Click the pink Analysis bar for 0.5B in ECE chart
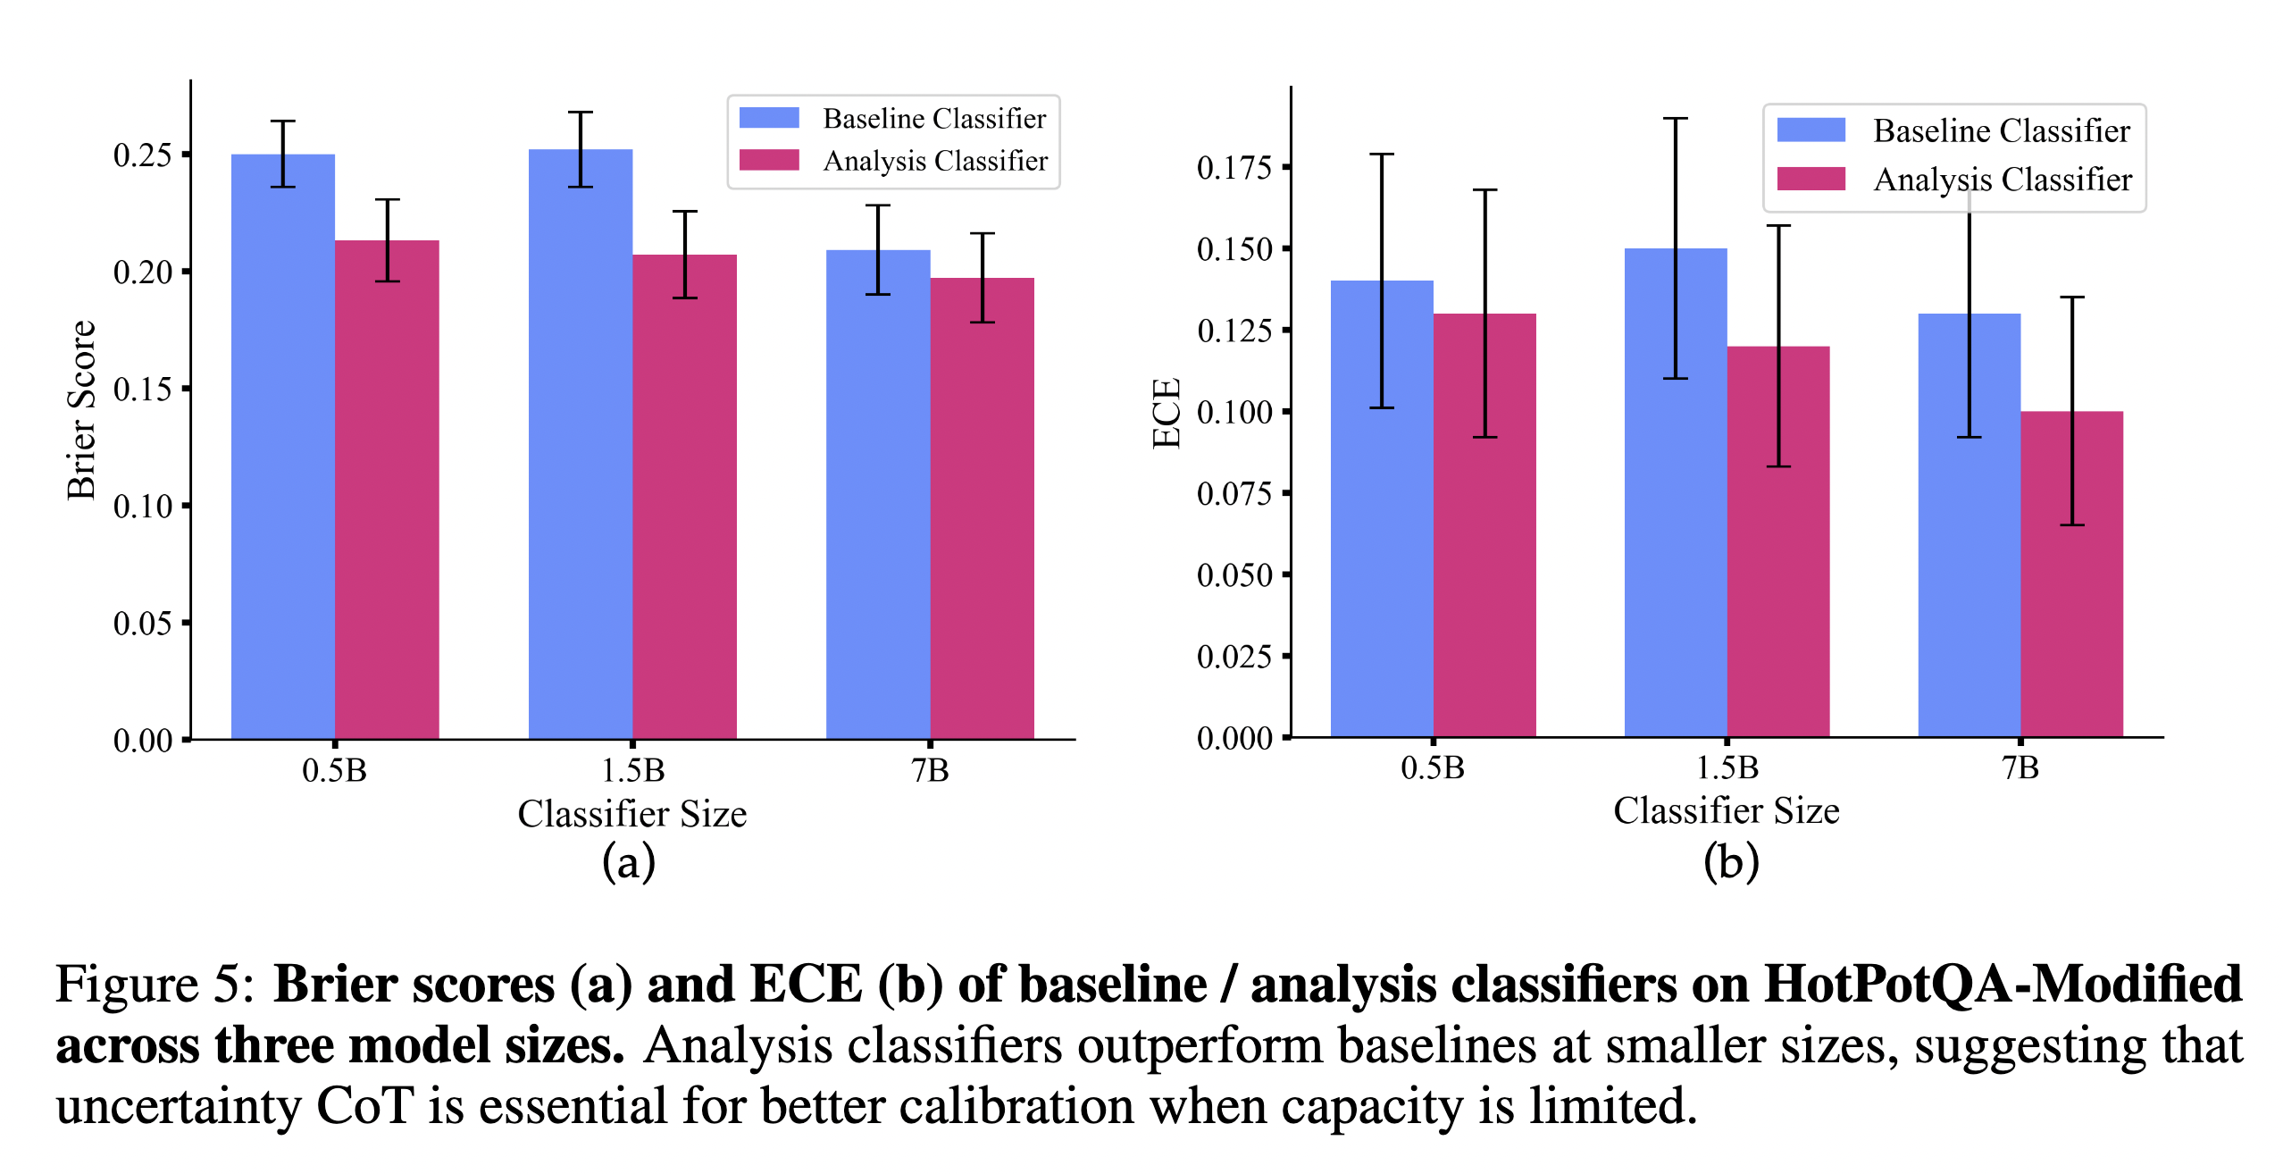tap(1484, 536)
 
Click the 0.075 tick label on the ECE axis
tap(1234, 494)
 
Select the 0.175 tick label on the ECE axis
tap(1234, 168)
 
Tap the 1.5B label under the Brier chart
tap(632, 770)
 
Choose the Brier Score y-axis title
tap(81, 410)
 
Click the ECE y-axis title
tap(1167, 413)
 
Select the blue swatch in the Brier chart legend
tap(769, 118)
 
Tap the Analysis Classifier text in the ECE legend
tap(2002, 180)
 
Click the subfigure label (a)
tap(629, 863)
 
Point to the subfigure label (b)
tap(1730, 863)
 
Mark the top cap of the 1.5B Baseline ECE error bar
tap(1675, 118)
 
